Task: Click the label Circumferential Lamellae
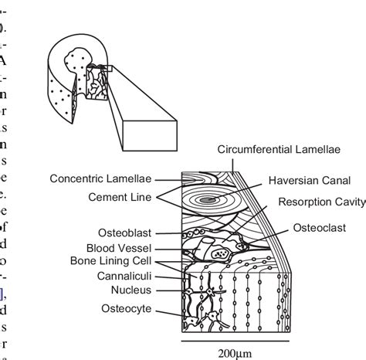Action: pyautogui.click(x=282, y=149)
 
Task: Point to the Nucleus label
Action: pyautogui.click(x=132, y=290)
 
